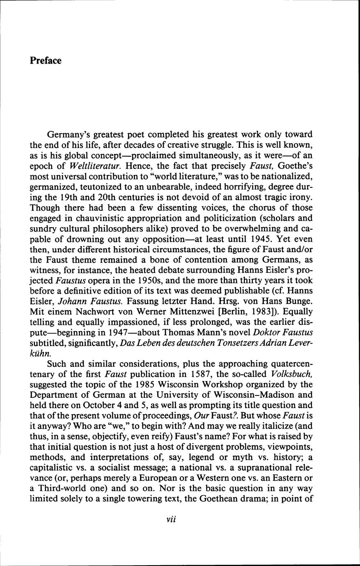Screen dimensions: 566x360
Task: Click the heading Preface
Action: click(46, 61)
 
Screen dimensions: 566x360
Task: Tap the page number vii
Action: click(171, 519)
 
